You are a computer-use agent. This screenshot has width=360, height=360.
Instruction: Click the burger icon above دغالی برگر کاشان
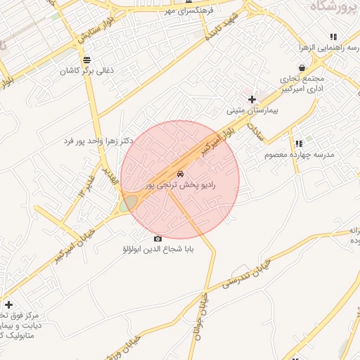coord(86,60)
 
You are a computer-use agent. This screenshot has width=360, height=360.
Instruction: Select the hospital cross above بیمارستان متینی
coord(252,99)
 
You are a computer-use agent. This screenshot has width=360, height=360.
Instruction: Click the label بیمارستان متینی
coord(252,111)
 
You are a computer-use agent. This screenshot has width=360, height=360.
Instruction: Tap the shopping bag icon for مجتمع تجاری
coord(302,67)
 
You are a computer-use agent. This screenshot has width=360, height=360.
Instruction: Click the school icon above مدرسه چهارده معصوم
coord(299,143)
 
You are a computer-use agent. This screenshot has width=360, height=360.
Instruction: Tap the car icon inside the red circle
coord(181,174)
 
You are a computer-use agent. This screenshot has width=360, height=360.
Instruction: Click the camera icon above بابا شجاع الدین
coord(157,239)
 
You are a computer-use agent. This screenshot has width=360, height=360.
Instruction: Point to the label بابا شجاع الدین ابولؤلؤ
coord(157,250)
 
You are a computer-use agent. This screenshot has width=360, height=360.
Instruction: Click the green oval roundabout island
coord(127,205)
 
